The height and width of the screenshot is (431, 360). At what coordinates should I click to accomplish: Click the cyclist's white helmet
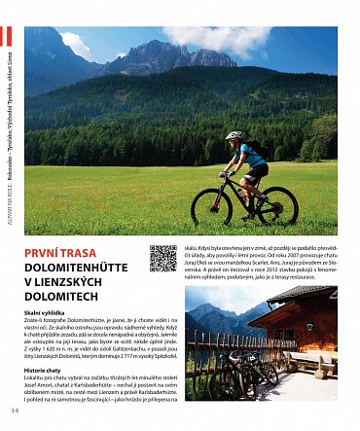[234, 136]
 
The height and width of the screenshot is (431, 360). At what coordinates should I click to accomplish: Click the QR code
[162, 258]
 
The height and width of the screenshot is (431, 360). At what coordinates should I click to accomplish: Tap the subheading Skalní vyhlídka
[45, 313]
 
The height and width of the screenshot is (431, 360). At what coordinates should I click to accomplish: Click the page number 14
[15, 411]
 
